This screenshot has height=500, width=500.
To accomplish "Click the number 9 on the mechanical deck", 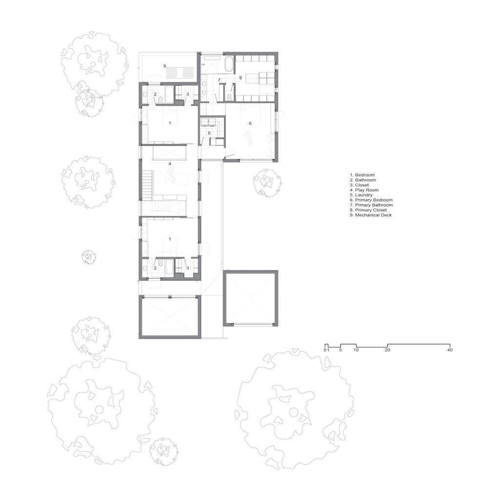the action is (165, 66).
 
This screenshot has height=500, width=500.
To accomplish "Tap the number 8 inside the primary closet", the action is (240, 78).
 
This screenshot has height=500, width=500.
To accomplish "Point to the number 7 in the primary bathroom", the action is (219, 80).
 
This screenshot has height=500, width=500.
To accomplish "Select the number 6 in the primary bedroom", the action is (250, 123).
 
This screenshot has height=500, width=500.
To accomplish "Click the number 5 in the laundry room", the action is (209, 133).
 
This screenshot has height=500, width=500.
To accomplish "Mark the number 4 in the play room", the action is (170, 164).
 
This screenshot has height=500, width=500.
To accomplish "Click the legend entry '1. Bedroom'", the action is (362, 175).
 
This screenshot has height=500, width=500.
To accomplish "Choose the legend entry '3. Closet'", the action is (359, 185).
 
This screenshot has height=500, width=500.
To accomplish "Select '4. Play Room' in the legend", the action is (364, 190).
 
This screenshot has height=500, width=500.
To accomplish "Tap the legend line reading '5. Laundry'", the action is (361, 195).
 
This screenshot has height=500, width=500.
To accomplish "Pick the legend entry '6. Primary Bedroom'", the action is (371, 200).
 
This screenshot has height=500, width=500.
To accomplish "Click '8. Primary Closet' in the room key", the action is (368, 210).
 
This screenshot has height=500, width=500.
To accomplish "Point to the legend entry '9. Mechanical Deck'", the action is (371, 215).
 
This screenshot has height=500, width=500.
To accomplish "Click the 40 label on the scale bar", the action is (450, 350).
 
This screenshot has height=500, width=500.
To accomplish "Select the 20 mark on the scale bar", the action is (387, 350).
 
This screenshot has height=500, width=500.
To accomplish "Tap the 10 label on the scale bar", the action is (356, 350).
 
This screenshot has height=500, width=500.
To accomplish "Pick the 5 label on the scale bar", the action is (340, 350).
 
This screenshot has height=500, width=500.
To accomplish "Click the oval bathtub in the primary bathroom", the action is (229, 64).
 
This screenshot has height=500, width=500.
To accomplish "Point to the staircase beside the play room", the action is (147, 185).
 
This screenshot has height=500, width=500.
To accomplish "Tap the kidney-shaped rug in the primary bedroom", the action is (249, 138).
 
